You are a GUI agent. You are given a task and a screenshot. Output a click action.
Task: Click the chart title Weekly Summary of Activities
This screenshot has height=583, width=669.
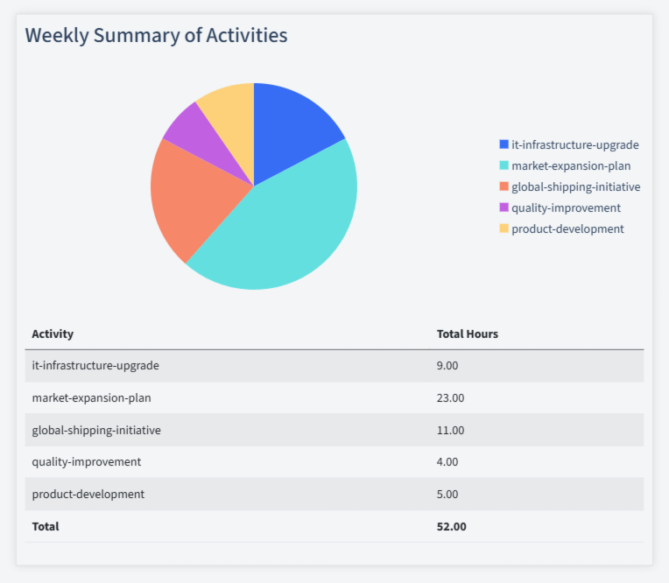[156, 36]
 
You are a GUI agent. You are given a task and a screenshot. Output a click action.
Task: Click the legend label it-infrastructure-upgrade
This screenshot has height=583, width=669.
[574, 144]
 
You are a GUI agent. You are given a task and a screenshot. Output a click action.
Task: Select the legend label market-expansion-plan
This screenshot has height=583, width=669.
[571, 165]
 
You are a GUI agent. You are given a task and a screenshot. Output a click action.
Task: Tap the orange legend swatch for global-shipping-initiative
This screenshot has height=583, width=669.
[504, 186]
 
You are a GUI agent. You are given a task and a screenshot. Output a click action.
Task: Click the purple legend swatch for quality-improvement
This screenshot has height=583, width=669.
[504, 207]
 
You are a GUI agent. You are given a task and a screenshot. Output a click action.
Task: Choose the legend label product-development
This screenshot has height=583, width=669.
[567, 228]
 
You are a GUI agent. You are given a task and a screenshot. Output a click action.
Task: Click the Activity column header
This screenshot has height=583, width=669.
[53, 334]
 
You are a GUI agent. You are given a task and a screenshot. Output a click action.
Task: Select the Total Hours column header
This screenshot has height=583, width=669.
[468, 334]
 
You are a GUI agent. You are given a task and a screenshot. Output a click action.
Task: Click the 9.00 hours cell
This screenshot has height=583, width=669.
[447, 366]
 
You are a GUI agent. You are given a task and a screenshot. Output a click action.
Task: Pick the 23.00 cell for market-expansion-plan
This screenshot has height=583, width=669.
[450, 398]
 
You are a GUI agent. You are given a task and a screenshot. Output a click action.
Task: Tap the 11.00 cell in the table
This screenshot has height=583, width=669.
[450, 430]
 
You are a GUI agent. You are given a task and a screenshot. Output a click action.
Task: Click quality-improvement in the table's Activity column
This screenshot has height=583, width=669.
[86, 462]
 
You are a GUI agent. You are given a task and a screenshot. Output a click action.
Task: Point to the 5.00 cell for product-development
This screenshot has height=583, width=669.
[447, 495]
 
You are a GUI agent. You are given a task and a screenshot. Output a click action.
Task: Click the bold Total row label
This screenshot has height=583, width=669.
[46, 526]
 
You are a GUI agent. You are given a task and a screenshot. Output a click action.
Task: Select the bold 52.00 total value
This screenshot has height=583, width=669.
[452, 526]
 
